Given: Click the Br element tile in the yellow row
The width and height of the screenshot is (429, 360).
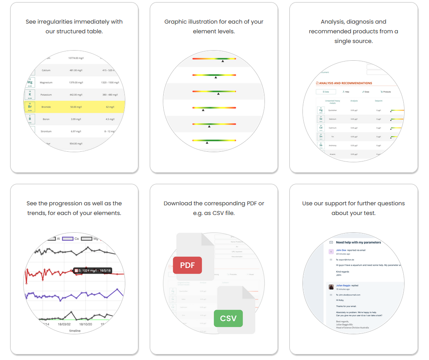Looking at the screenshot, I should (30, 107).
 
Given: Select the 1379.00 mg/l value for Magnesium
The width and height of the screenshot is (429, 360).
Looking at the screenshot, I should (76, 83).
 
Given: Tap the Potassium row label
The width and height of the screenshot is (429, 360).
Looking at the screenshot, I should (46, 95).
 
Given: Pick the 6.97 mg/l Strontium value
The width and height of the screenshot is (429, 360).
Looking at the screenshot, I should (76, 132).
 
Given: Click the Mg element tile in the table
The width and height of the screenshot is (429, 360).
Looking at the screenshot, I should (30, 82).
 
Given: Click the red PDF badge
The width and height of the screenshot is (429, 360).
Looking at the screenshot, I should (187, 265).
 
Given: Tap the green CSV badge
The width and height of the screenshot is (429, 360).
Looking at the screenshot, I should (228, 318).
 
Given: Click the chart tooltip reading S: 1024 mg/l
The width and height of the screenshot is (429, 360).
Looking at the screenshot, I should (93, 271).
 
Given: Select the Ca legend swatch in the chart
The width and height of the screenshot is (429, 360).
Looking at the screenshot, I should (67, 239).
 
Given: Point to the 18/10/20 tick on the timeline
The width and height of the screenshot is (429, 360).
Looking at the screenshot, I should (86, 324).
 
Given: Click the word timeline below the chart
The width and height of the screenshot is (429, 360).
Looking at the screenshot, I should (75, 331).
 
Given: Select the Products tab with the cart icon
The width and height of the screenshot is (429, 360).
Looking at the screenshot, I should (386, 91).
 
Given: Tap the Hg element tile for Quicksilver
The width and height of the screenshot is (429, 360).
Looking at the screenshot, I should (321, 110).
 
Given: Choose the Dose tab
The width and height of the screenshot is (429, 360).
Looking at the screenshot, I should (365, 91).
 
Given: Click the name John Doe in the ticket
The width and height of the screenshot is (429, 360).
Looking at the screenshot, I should (341, 250).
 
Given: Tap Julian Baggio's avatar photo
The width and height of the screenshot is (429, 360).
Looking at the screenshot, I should (331, 287).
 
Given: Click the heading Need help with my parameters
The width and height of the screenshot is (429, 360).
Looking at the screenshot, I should (358, 242).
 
